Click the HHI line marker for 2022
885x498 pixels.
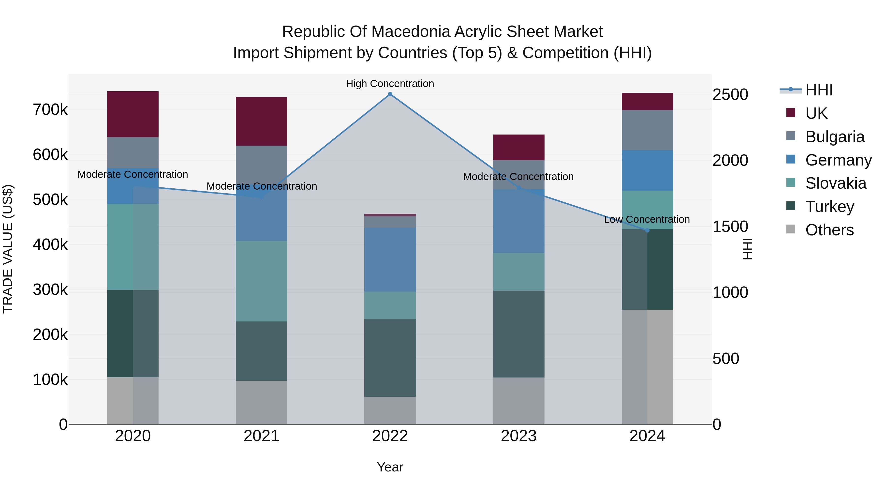click(x=390, y=94)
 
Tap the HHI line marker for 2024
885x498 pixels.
click(x=647, y=230)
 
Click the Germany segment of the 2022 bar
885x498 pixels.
click(x=390, y=259)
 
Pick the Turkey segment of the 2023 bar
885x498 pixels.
click(x=518, y=334)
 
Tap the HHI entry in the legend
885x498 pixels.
click(x=819, y=90)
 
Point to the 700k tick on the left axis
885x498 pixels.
click(x=50, y=110)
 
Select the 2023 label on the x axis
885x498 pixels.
click(x=518, y=436)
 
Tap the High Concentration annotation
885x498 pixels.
click(x=390, y=84)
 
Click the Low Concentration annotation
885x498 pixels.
click(x=647, y=219)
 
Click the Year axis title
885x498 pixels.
click(x=390, y=467)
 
